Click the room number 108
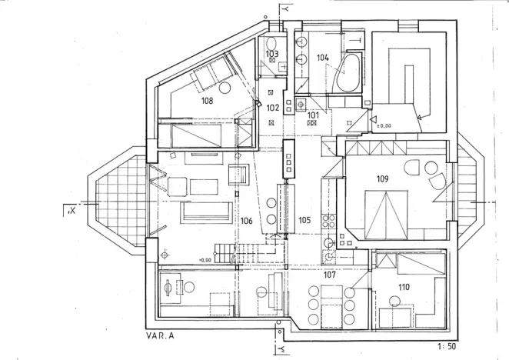click(x=207, y=100)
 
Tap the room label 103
click(x=272, y=54)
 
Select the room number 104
click(x=322, y=58)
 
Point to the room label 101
click(x=313, y=115)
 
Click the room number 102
click(x=273, y=108)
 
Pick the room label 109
click(x=382, y=179)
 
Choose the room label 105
click(x=304, y=220)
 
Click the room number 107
click(x=329, y=274)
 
